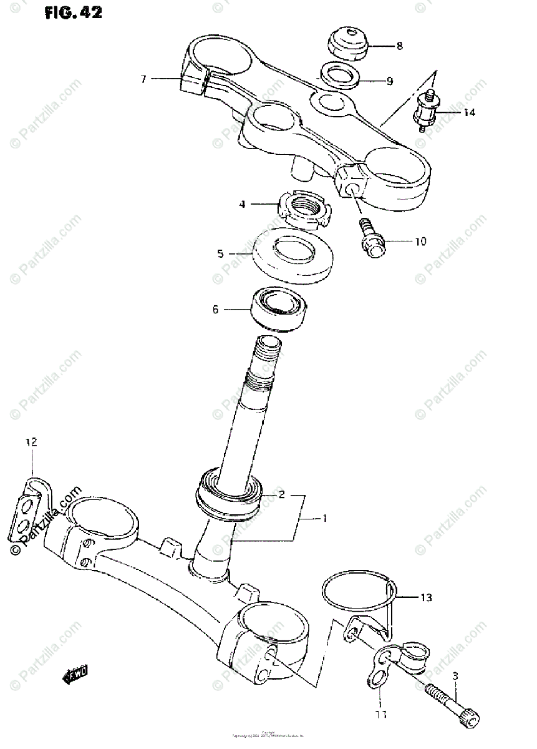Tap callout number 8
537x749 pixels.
(x=399, y=46)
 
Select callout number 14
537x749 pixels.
(x=468, y=112)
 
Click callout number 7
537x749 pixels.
(x=143, y=79)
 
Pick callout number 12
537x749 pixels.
(x=31, y=442)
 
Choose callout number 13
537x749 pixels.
(x=425, y=597)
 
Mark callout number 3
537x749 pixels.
(x=455, y=676)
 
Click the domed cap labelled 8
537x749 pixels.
(x=349, y=42)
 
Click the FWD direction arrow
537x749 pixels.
(x=77, y=672)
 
